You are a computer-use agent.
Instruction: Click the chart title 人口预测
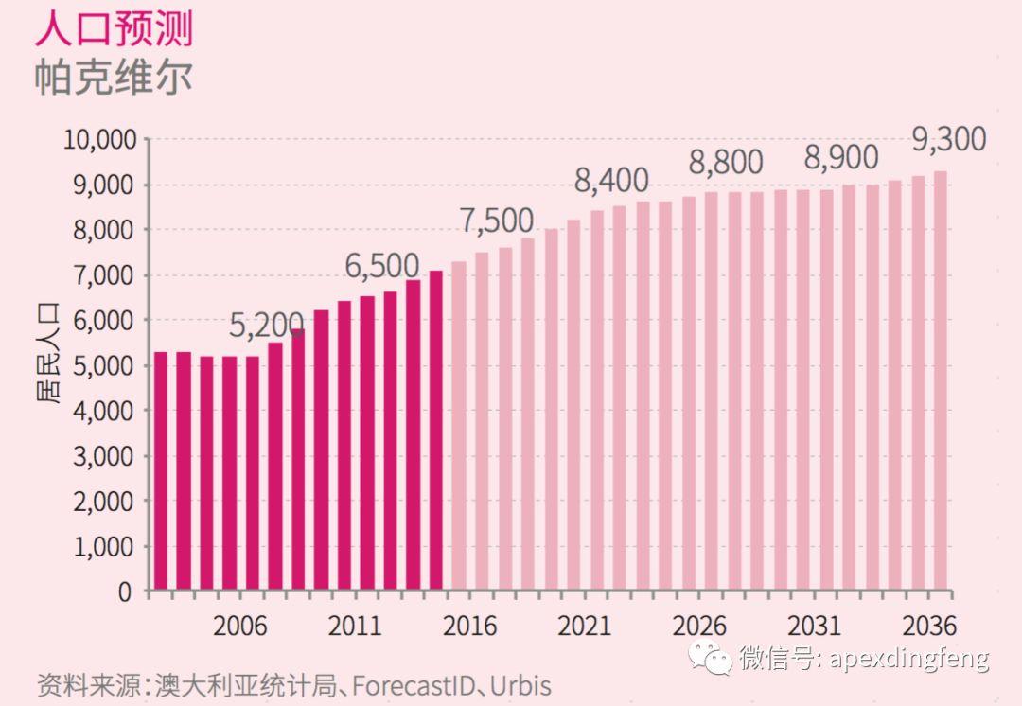114,29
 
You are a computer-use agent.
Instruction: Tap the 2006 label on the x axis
239,627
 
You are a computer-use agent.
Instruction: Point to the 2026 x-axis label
699,627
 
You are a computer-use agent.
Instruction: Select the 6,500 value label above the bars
381,266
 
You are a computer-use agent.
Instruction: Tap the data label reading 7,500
497,221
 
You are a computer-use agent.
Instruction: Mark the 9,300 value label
948,140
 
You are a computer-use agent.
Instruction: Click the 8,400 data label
612,180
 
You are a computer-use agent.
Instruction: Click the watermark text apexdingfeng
908,658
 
